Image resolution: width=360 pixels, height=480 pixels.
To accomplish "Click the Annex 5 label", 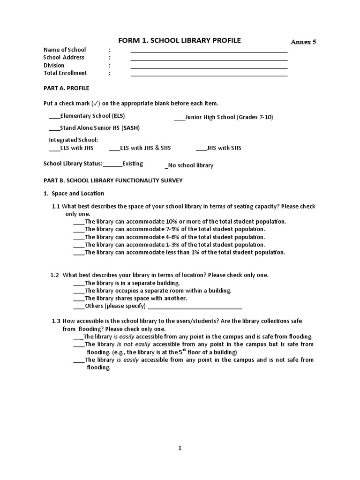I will pyautogui.click(x=303, y=42).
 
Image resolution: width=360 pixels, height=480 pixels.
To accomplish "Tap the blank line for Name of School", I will pyautogui.click(x=209, y=51).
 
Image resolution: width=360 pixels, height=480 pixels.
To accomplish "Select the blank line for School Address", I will pyautogui.click(x=209, y=59).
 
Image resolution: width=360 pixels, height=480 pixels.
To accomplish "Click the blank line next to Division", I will pyautogui.click(x=209, y=67).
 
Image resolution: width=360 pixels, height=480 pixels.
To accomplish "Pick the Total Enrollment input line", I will pyautogui.click(x=209, y=75).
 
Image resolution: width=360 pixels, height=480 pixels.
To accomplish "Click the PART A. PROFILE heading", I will pyautogui.click(x=66, y=88).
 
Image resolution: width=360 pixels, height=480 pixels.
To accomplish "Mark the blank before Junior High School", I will pyautogui.click(x=180, y=119).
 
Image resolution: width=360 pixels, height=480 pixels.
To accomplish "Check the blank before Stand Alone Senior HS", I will pyautogui.click(x=54, y=129).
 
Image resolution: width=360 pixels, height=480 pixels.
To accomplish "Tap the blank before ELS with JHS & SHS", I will pyautogui.click(x=114, y=150).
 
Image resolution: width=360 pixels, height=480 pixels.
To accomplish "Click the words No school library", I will pyautogui.click(x=191, y=165).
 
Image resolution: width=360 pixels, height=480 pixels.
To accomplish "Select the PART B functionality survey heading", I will pyautogui.click(x=113, y=180).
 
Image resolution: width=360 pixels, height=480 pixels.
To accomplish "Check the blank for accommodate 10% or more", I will pyautogui.click(x=79, y=223).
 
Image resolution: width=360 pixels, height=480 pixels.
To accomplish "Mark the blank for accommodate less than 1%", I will pyautogui.click(x=79, y=254).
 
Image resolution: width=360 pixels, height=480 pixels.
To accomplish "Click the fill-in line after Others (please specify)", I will pyautogui.click(x=195, y=308).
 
